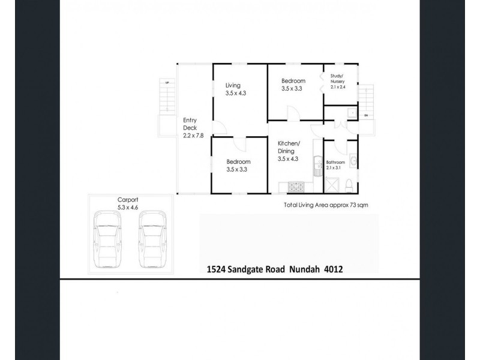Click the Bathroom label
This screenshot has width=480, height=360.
pos(335,163)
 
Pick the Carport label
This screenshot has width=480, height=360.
pos(128,201)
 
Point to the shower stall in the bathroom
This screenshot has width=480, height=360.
pos(332,184)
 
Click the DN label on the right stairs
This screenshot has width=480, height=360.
pos(365,115)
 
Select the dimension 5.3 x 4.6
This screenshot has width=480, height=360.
pos(128,208)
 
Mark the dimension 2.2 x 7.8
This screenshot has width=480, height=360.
pos(193,136)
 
